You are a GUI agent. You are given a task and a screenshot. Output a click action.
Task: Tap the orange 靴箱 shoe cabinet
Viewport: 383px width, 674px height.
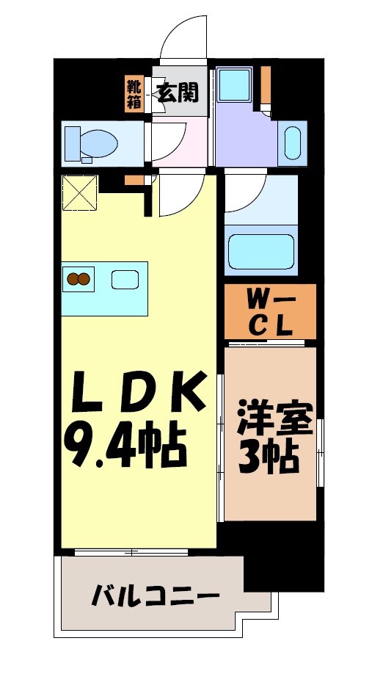pos(134,93)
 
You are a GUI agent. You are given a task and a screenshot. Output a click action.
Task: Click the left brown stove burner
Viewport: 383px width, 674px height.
pos(73,278)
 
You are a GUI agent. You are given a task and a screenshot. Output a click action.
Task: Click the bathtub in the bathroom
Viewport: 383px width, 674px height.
pos(261,251)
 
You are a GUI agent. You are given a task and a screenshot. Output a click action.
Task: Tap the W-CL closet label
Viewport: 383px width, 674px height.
pos(270,312)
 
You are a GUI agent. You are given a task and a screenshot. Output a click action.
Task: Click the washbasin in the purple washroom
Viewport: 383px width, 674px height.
pos(291,142)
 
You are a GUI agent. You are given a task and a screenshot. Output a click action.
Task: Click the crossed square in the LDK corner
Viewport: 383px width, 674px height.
pos(80,192)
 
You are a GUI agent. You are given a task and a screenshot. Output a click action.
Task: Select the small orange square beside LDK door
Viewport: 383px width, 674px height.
pos(131,180)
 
